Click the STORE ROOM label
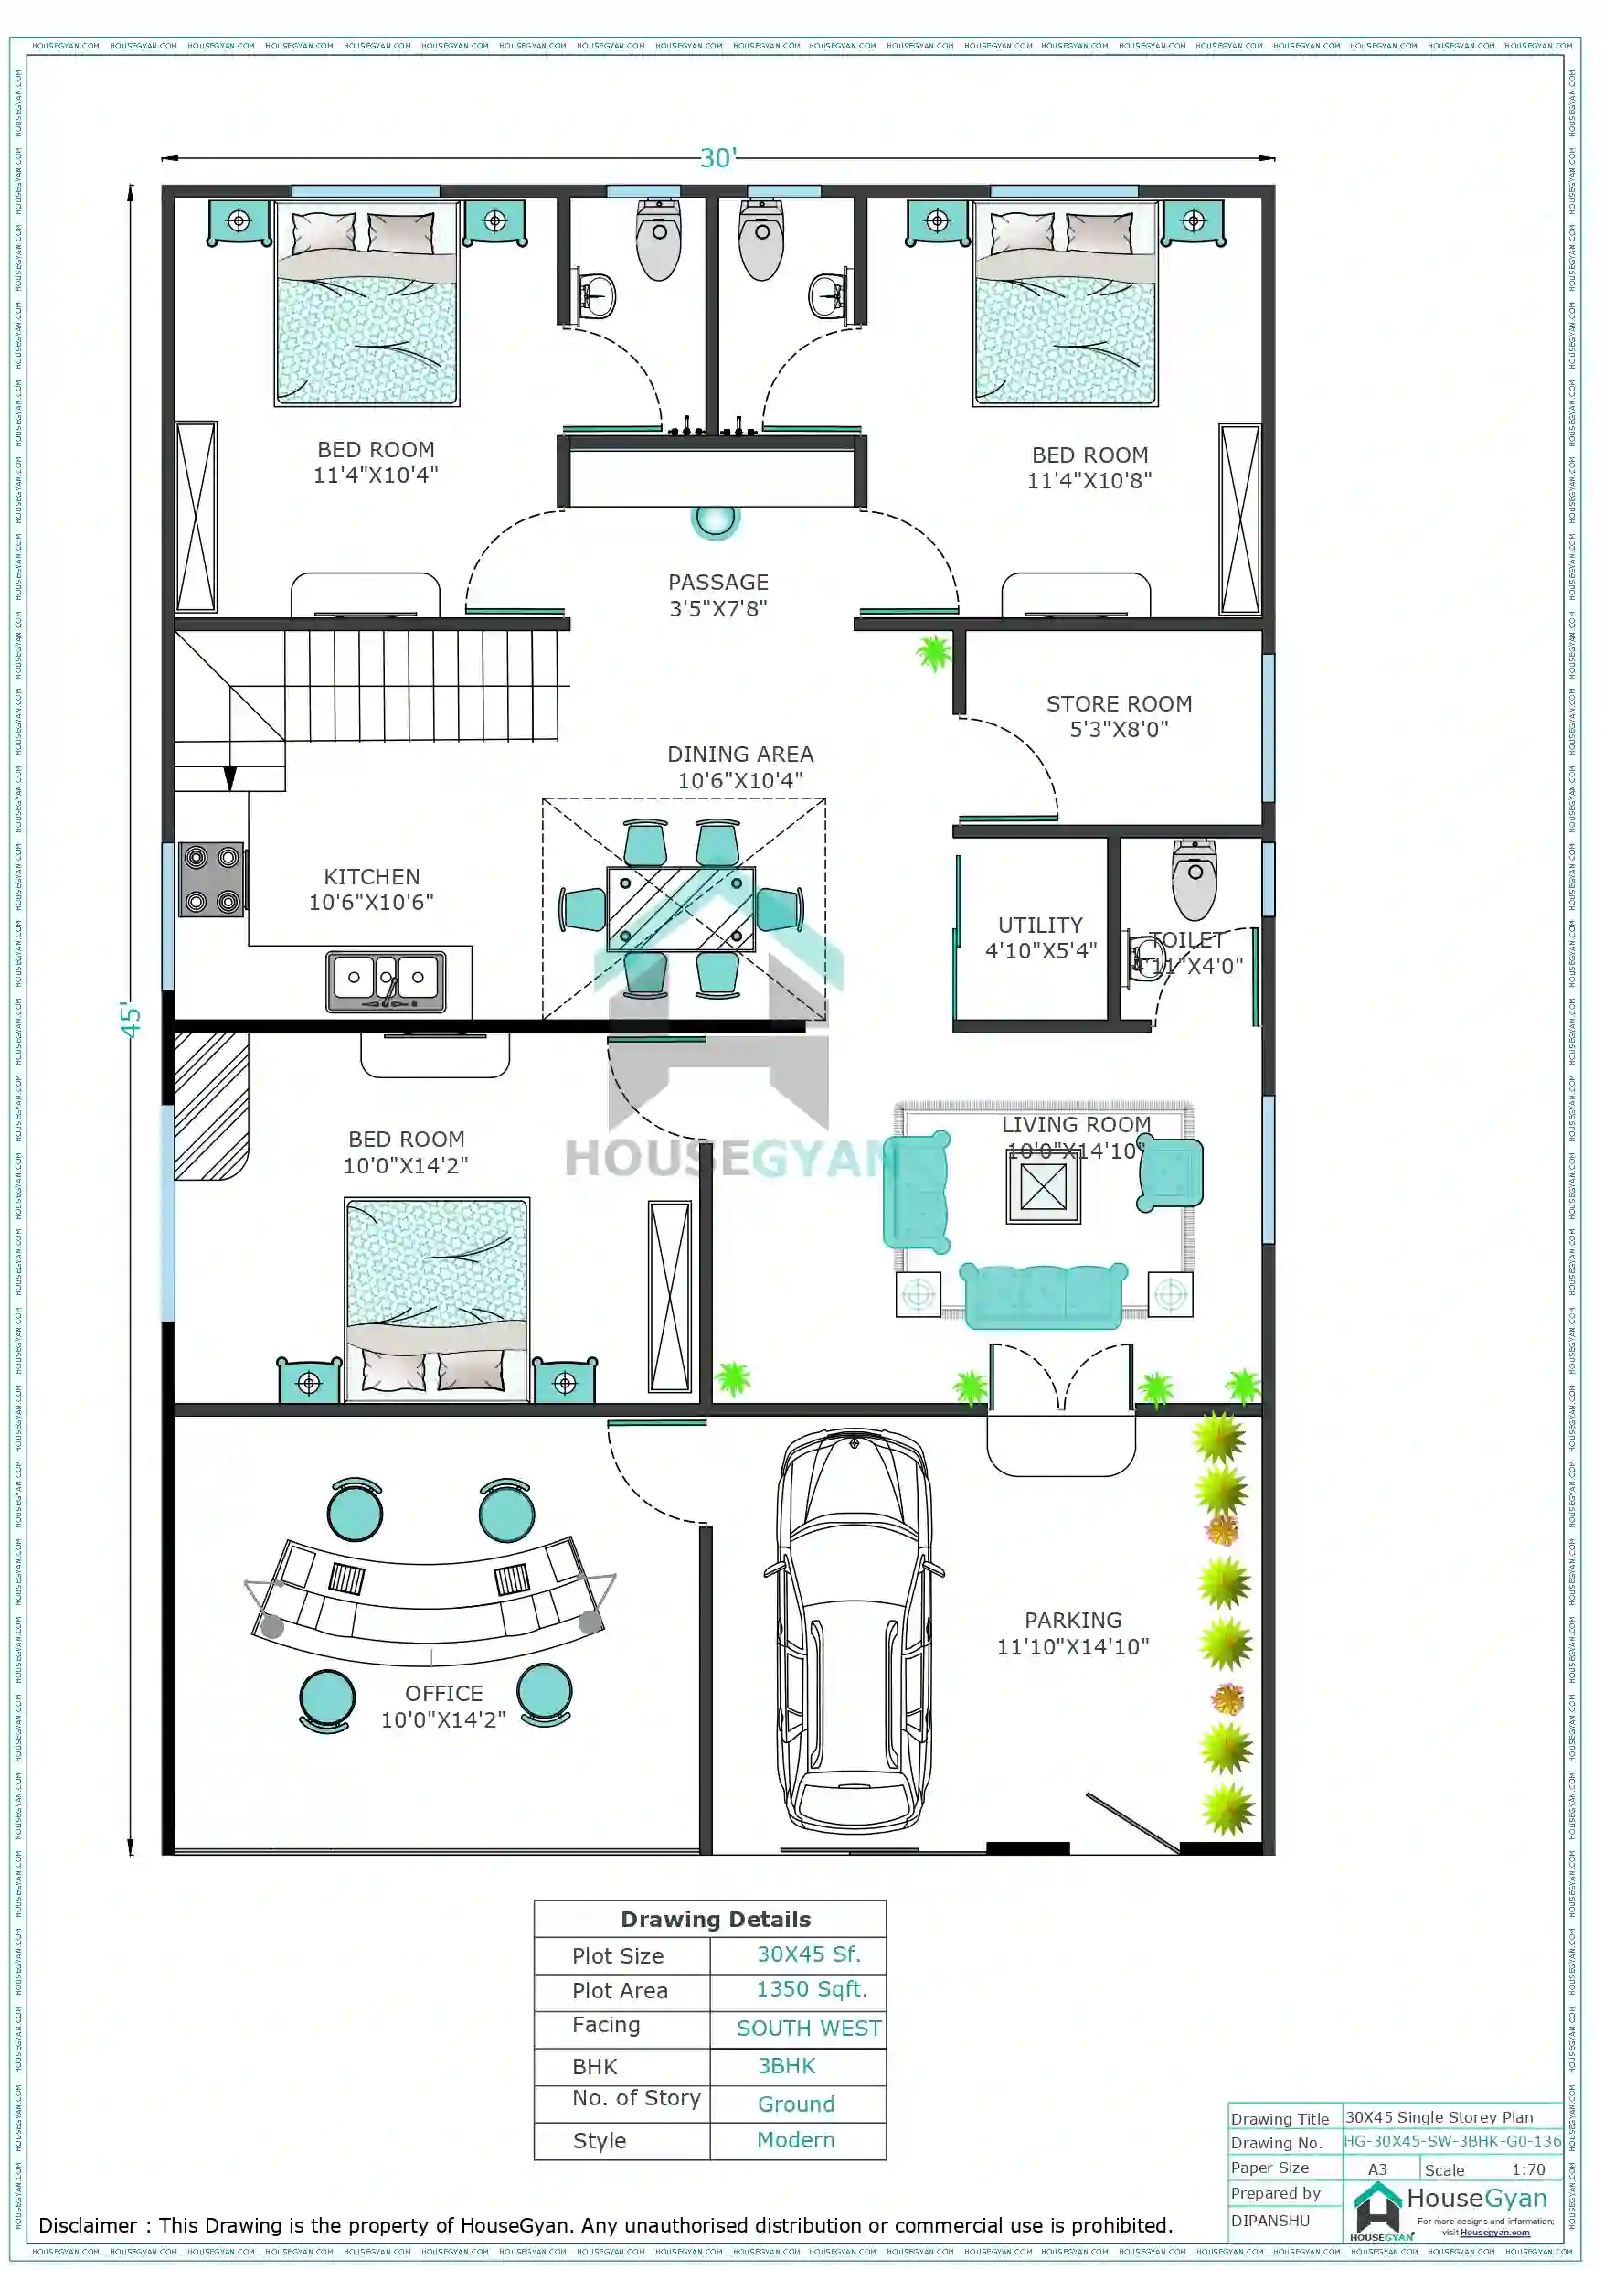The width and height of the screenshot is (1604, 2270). [x=1118, y=716]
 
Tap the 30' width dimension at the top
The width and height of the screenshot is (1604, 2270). [x=717, y=158]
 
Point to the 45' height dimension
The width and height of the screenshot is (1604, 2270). [x=131, y=1020]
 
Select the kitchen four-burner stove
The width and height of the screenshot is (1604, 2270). [x=211, y=879]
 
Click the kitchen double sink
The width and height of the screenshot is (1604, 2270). [x=386, y=980]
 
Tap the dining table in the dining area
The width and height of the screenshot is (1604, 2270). [x=681, y=907]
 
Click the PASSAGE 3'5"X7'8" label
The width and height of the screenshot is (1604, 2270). [x=717, y=595]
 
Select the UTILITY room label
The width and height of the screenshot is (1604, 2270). [x=1040, y=937]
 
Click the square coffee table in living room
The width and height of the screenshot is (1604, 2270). [x=1043, y=1186]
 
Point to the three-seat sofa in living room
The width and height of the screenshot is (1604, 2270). [x=1043, y=1294]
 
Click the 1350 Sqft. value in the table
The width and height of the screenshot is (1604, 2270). [x=811, y=1989]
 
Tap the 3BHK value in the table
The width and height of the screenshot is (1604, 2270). [x=787, y=2066]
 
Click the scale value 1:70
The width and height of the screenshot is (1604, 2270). [x=1527, y=2169]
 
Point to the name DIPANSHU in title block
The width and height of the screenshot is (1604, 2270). [x=1270, y=2220]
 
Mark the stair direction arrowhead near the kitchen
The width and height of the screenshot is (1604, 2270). [x=229, y=778]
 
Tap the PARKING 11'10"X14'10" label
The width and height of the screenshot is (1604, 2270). [x=1072, y=1633]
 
